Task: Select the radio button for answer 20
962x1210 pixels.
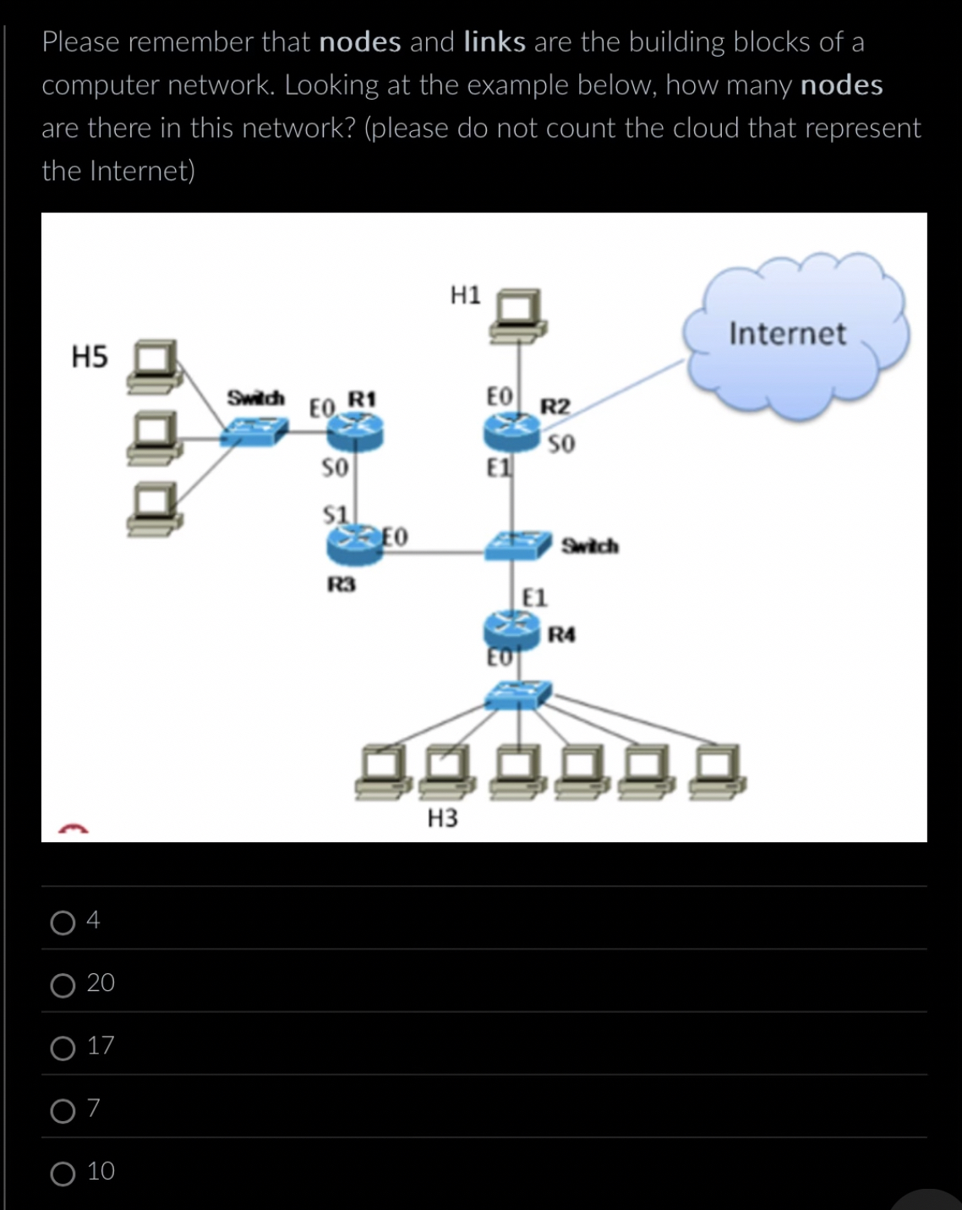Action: (63, 985)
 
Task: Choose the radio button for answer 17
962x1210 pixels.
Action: (63, 1048)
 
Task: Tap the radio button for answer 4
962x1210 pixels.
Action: (63, 923)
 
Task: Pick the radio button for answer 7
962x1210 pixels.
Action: (63, 1110)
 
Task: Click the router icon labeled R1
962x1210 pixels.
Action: (355, 432)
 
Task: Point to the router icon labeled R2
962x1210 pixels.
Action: (511, 432)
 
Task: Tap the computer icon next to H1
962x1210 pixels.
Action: (518, 316)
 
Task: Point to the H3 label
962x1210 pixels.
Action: (442, 818)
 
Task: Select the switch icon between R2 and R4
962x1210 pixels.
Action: (517, 545)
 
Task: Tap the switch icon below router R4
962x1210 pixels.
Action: (517, 695)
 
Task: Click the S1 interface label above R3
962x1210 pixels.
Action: (336, 514)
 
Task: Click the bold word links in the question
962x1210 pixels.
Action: (495, 41)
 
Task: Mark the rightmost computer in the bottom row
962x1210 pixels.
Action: (717, 772)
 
